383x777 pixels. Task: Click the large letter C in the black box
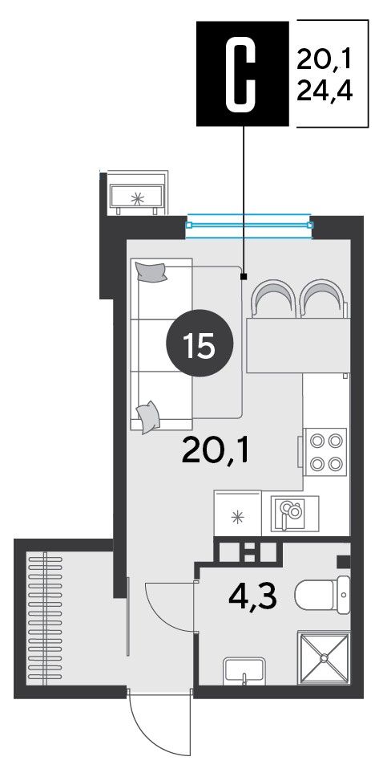(243, 74)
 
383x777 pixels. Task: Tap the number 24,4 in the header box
(325, 92)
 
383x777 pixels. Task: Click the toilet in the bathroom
(323, 594)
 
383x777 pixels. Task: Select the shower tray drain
(324, 658)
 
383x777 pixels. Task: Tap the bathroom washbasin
(244, 671)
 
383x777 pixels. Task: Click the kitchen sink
(291, 514)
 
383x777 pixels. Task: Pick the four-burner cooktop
(325, 451)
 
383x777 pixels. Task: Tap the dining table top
(298, 346)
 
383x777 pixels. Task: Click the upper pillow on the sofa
(151, 272)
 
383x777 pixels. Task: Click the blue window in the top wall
(249, 225)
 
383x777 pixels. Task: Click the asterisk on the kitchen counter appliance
(238, 518)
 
